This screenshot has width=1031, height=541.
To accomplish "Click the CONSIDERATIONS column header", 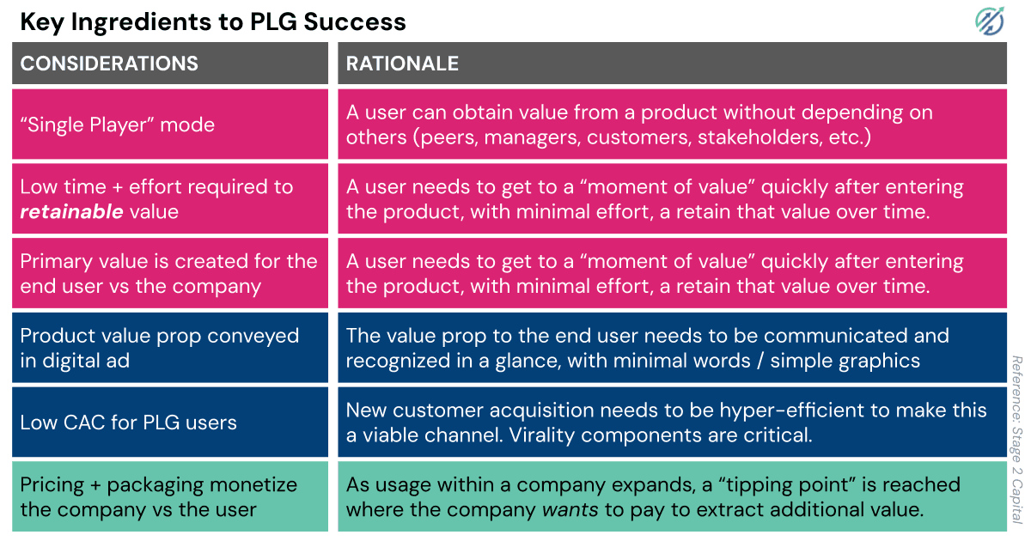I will coord(109,64).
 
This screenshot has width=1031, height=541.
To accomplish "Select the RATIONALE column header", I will coord(402,64).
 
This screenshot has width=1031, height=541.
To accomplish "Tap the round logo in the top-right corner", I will coord(991,21).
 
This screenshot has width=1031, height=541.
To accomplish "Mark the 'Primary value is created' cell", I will coord(168,273).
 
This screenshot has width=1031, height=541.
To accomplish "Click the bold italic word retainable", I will coord(72,211).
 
